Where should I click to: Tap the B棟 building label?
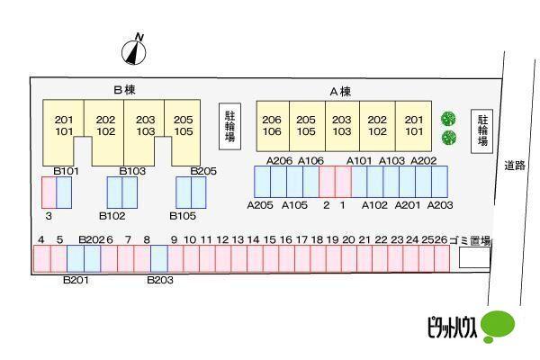(124, 90)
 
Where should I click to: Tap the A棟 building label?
(339, 91)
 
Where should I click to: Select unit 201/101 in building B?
(64, 125)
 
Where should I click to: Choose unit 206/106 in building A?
(272, 125)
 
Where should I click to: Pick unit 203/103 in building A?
(342, 125)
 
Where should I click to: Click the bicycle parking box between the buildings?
(229, 126)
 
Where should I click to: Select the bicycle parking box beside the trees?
(482, 130)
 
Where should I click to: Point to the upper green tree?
(448, 119)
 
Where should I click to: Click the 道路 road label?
(514, 166)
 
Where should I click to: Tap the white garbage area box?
(474, 258)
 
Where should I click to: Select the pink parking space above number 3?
(49, 193)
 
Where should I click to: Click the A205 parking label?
(260, 205)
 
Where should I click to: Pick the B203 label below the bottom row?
(160, 280)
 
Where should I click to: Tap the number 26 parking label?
(440, 239)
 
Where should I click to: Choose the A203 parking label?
(439, 205)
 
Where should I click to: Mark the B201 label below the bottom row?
(76, 280)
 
